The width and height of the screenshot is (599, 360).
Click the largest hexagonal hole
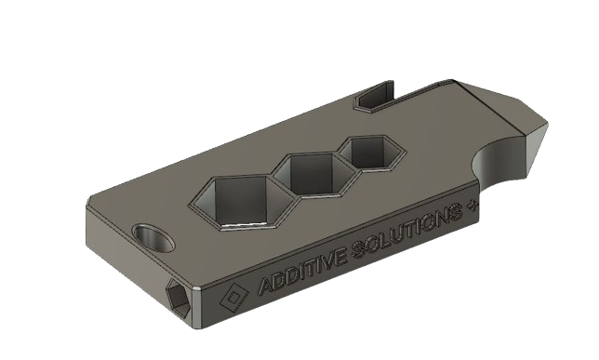pos(237,199)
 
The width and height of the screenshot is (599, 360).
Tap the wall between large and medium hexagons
pos(282,191)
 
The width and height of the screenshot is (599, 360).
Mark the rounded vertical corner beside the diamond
pos(201,313)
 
